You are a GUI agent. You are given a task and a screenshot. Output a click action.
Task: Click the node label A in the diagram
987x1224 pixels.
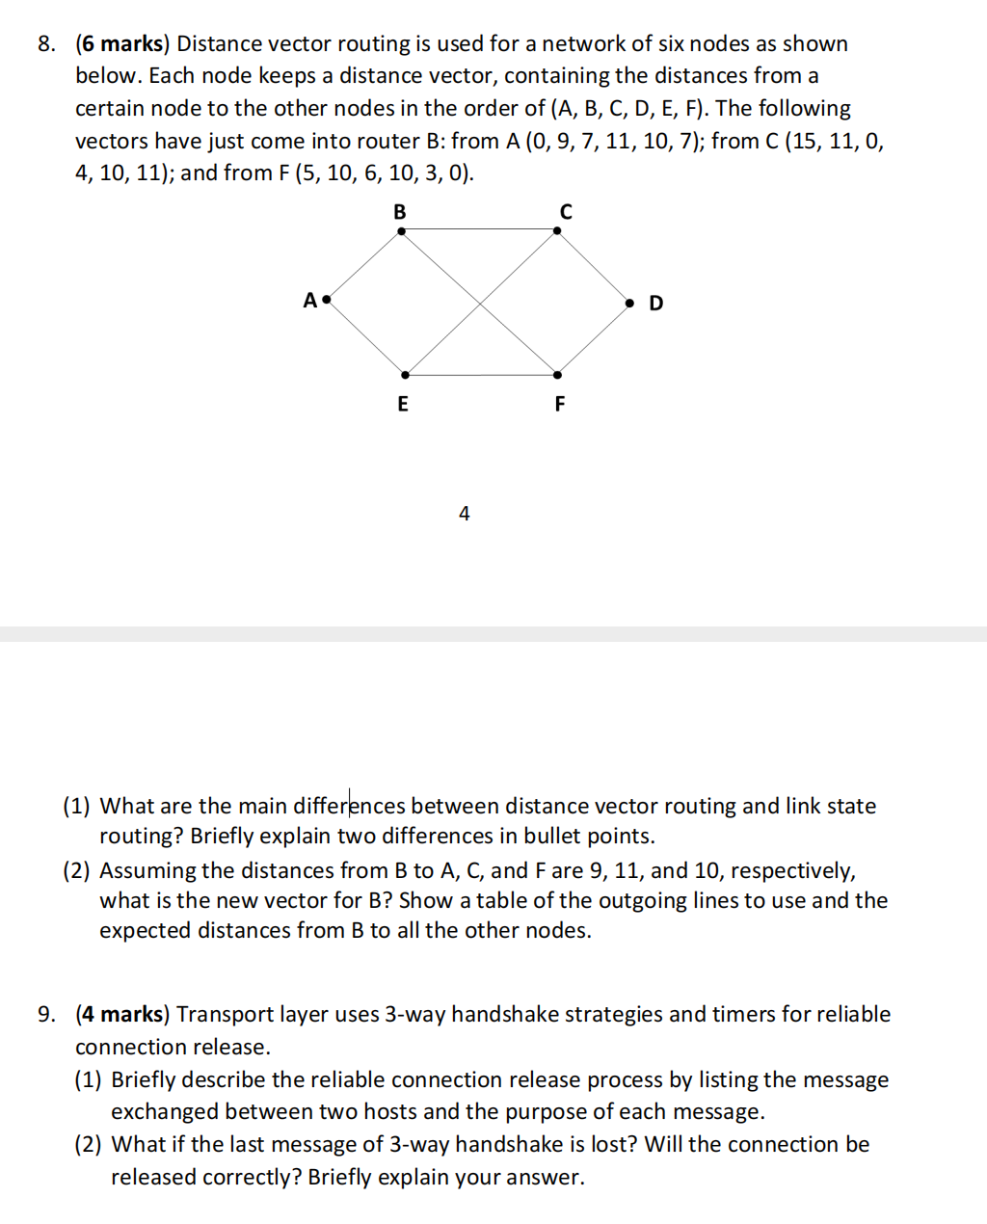coord(309,301)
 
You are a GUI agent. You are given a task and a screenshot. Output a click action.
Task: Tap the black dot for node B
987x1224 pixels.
coord(401,230)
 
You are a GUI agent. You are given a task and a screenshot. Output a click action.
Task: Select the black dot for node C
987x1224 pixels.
coord(557,230)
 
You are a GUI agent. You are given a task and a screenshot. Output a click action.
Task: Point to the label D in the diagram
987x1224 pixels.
coord(656,304)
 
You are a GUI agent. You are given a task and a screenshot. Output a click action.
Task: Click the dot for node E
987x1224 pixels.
coord(405,375)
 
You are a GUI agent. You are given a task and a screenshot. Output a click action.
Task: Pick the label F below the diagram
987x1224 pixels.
coord(559,404)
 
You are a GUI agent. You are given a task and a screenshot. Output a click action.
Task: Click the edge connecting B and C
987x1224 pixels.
coord(479,229)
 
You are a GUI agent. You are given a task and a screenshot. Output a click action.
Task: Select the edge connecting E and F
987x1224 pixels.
coord(481,375)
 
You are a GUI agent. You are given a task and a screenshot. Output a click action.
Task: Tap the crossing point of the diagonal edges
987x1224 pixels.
coord(480,304)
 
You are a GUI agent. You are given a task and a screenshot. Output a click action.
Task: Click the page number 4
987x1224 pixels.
coord(465,514)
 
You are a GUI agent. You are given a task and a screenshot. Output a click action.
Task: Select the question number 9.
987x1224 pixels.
coord(46,1015)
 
